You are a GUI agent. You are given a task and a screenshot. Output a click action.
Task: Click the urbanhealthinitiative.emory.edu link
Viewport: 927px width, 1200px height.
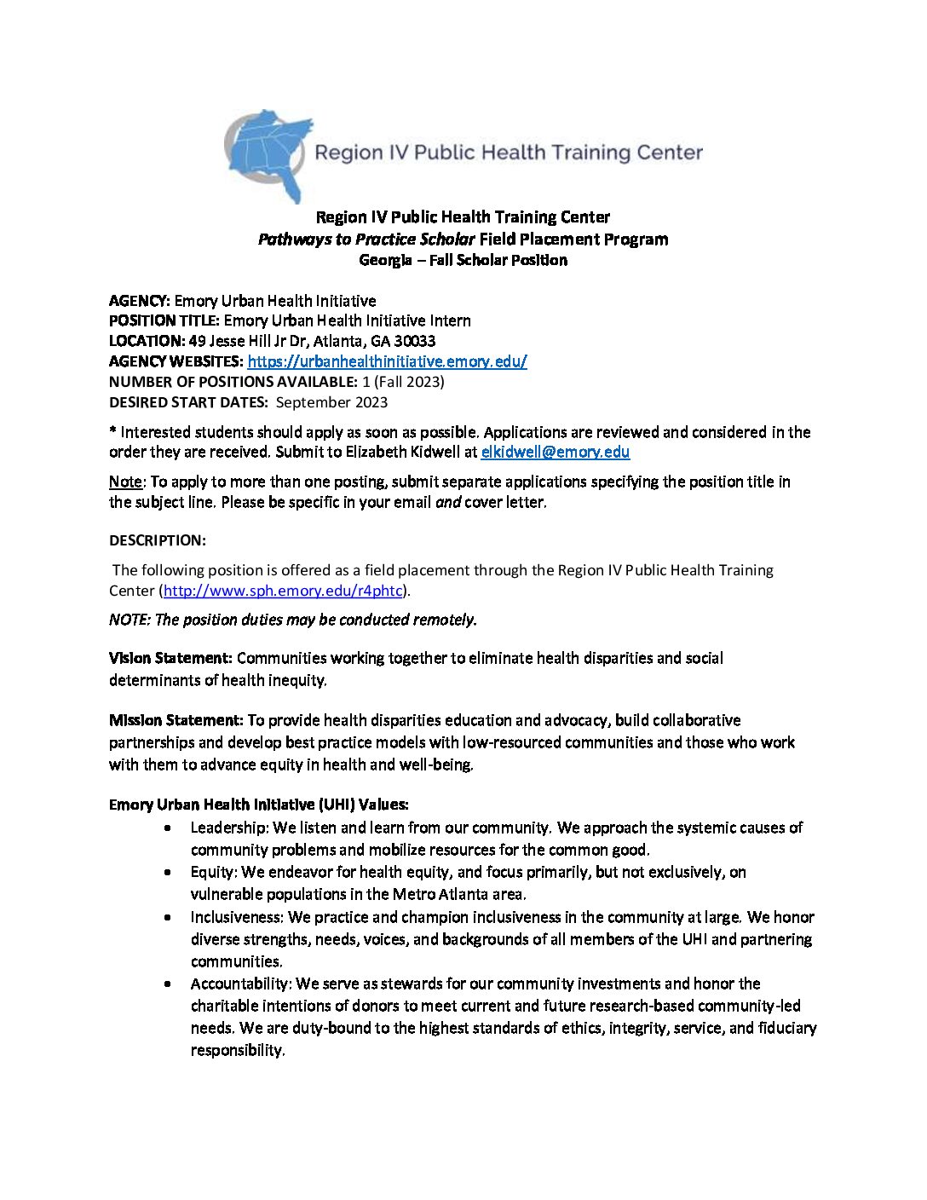tap(387, 361)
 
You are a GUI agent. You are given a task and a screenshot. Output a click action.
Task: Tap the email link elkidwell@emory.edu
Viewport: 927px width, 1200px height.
tap(555, 453)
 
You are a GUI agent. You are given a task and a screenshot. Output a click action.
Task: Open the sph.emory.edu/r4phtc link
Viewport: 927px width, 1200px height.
tap(282, 591)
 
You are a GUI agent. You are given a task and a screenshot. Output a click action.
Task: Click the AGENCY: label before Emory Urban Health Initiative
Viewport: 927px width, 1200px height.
tap(140, 301)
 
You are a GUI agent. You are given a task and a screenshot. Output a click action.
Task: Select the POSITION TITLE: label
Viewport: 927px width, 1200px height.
tap(164, 321)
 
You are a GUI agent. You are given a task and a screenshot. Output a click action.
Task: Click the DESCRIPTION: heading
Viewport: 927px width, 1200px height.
tap(158, 540)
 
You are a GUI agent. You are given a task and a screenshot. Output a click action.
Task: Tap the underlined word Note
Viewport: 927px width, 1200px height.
tap(125, 482)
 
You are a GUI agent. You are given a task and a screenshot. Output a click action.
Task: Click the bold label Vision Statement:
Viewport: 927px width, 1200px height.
tap(170, 658)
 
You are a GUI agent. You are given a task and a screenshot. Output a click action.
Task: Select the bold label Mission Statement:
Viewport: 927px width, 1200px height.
tap(176, 720)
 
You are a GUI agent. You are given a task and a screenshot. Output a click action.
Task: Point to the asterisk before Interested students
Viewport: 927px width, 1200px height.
tap(112, 431)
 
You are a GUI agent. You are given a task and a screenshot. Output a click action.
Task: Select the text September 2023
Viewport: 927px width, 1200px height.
tap(331, 402)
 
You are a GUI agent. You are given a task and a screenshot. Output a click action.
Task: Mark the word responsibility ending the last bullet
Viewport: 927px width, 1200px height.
tap(237, 1050)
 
